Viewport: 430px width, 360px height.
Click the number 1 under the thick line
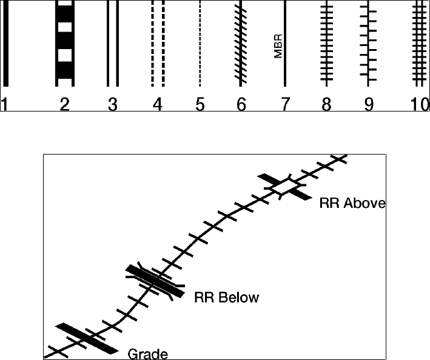[x=4, y=105]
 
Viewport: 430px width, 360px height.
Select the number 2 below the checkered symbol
[x=65, y=105]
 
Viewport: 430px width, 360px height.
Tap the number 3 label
[x=112, y=105]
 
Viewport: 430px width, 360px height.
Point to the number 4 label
[x=157, y=105]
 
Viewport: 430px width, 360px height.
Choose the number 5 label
[x=200, y=105]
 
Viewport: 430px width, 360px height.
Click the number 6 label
[x=241, y=105]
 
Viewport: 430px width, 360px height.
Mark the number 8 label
[x=327, y=105]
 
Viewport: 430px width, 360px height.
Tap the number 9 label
[x=369, y=105]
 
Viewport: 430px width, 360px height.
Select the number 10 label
[x=418, y=105]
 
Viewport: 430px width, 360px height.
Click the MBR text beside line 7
[x=278, y=47]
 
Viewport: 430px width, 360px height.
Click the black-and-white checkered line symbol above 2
[x=65, y=42]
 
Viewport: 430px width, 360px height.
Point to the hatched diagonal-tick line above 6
[x=241, y=45]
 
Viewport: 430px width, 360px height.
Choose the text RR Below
[x=226, y=298]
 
